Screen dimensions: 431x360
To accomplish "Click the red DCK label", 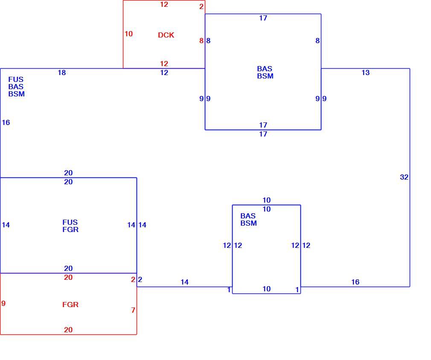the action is (x=166, y=35).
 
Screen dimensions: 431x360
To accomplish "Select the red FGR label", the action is (x=70, y=305).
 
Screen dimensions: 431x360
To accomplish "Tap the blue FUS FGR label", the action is (x=70, y=226).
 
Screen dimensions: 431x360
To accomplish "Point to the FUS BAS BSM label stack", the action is (x=17, y=87).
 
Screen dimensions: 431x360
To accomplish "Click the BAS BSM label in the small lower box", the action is (x=248, y=220).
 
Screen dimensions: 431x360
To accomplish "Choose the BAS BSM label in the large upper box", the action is (x=265, y=72).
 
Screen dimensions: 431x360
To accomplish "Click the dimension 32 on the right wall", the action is (x=404, y=177).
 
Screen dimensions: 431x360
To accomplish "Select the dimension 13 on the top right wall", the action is (x=366, y=73).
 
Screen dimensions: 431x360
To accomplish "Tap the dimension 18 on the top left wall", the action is (x=62, y=73).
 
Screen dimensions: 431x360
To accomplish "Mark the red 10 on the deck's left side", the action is (x=128, y=34).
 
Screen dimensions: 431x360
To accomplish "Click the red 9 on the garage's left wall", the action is (x=3, y=303).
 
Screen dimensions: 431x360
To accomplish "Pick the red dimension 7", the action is (x=133, y=310).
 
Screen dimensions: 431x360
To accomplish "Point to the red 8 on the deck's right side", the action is (x=201, y=41).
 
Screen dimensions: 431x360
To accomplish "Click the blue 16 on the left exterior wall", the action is (x=6, y=122).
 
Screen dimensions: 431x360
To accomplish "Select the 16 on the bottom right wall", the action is (x=355, y=282).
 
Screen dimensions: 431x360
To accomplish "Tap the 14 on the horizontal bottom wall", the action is (x=185, y=282).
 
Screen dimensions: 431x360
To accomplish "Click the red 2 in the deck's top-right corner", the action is (x=201, y=6).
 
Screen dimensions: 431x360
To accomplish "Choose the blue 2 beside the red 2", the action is (x=140, y=279).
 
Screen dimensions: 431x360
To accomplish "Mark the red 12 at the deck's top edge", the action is (x=164, y=4).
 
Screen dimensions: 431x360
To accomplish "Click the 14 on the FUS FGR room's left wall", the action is (x=6, y=225).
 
